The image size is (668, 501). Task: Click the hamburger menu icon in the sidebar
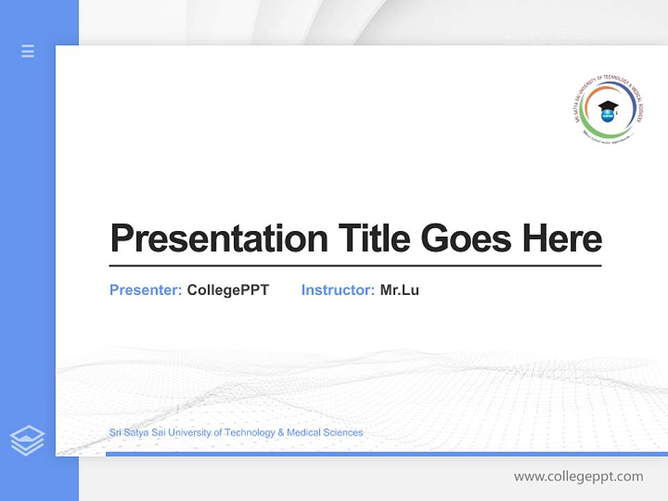[28, 51]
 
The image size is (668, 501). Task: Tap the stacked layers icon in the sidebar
[27, 440]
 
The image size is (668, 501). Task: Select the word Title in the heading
[374, 239]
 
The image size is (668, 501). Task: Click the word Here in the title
[562, 239]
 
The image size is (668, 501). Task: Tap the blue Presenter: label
[145, 290]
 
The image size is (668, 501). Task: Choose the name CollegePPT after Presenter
[228, 290]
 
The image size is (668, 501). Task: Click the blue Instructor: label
[337, 290]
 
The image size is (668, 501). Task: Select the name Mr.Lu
[399, 290]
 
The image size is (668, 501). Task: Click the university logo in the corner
[606, 110]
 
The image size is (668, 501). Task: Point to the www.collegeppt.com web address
[578, 477]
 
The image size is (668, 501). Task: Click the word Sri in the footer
[116, 433]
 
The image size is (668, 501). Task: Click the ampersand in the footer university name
[281, 433]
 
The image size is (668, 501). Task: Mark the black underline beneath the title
[355, 266]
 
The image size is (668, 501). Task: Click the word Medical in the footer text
[304, 433]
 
